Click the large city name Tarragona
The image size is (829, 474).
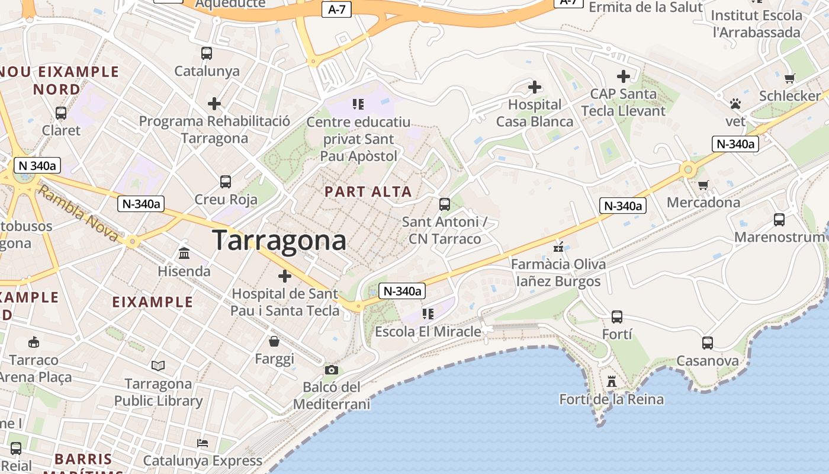[x=279, y=241]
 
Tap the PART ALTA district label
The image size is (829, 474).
[x=368, y=191]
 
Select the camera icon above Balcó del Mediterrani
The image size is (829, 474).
[x=332, y=370]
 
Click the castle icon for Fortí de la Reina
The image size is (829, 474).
[x=612, y=382]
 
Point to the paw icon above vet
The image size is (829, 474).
[x=735, y=104]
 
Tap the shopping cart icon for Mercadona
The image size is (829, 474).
[x=703, y=185]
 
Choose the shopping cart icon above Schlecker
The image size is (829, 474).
[x=789, y=78]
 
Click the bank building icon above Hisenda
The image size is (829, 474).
[x=184, y=254]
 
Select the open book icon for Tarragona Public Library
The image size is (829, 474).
[x=158, y=366]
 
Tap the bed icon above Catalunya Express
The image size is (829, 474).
[x=203, y=443]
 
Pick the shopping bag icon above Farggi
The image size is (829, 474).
[x=274, y=341]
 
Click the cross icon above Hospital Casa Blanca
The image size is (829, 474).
[x=535, y=88]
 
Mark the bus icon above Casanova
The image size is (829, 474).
[x=708, y=343]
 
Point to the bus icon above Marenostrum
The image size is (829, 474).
[x=779, y=220]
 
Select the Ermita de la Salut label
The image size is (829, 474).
[x=645, y=7]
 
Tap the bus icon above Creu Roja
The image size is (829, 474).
[x=226, y=182]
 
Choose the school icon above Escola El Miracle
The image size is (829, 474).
[x=428, y=313]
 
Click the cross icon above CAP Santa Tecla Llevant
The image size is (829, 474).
[x=624, y=76]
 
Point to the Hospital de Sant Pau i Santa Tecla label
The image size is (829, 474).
[x=285, y=302]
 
